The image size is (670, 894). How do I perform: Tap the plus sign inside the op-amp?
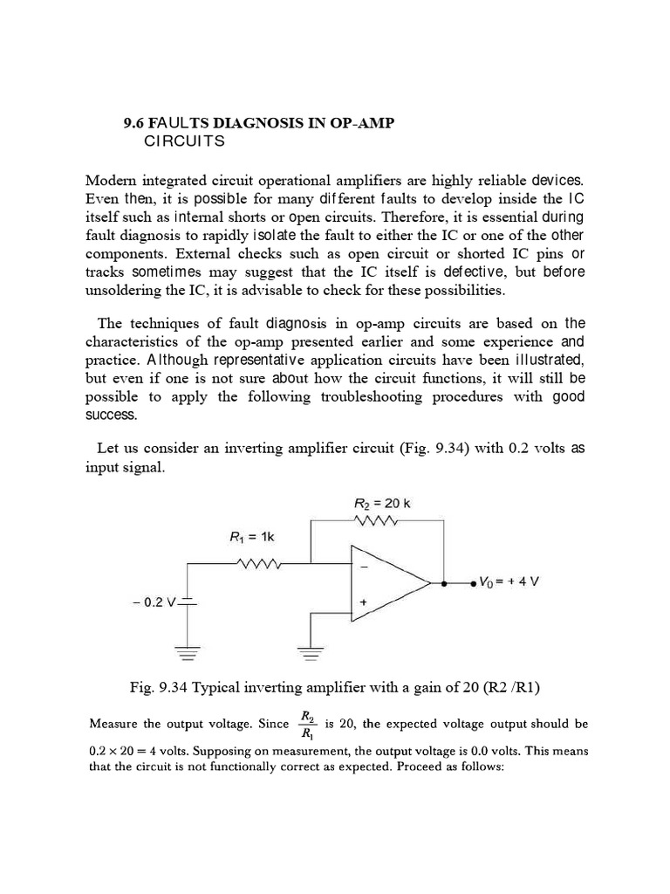[363, 602]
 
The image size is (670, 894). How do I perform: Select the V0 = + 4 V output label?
[509, 581]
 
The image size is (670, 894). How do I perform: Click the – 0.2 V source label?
[157, 602]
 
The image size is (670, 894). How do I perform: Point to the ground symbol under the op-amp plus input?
[312, 650]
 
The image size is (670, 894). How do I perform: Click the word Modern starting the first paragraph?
[111, 181]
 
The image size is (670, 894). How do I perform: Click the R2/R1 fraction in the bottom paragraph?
[307, 724]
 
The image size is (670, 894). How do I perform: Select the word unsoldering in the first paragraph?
[125, 290]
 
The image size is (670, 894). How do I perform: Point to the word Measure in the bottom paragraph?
[114, 724]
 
